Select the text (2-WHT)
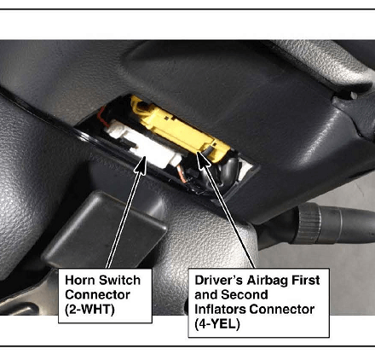click(x=89, y=310)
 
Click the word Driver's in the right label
click(x=218, y=280)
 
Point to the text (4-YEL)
click(x=217, y=324)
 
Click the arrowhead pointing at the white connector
click(x=141, y=165)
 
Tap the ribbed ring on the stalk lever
click(x=309, y=223)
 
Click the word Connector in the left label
click(x=97, y=294)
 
